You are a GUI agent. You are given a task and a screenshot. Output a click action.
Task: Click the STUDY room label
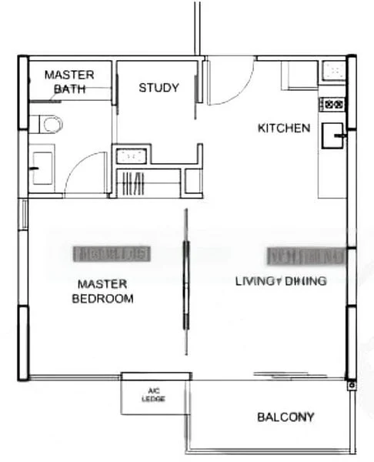[x=159, y=88]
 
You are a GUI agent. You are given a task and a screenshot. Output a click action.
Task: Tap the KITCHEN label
[x=283, y=128]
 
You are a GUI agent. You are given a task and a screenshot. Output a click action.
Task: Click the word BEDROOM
[x=102, y=299]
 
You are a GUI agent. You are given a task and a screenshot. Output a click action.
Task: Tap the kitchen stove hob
[x=334, y=103]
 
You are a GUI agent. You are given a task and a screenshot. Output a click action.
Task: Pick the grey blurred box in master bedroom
[x=112, y=253]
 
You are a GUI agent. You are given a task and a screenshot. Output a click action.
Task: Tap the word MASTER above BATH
[x=68, y=75]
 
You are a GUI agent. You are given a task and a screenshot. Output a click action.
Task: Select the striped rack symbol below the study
[x=133, y=183]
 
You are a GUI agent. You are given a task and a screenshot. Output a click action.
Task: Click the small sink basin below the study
[x=132, y=156]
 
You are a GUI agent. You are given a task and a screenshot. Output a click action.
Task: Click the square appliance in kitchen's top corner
[x=336, y=72]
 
